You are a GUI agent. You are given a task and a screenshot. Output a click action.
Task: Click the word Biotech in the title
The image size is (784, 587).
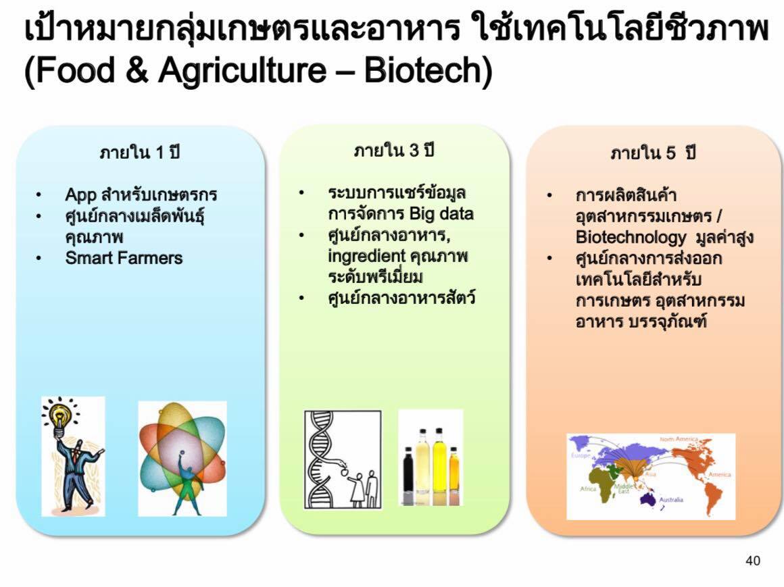click(422, 70)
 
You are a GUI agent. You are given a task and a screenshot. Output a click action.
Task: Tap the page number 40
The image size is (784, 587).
click(752, 561)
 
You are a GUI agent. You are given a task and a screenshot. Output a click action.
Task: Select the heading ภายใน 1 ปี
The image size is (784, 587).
click(139, 152)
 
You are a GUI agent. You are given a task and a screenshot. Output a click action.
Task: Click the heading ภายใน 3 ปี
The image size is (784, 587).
click(394, 150)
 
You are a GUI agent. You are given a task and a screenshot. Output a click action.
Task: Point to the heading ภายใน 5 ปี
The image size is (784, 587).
click(653, 153)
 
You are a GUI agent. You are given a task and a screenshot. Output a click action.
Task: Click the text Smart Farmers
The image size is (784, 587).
click(124, 258)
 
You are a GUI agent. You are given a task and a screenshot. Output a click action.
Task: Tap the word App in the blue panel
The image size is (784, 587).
click(81, 195)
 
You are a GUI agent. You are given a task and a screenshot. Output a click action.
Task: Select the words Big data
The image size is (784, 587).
click(441, 214)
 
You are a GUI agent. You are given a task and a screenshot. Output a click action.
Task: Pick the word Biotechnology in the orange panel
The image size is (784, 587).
click(631, 237)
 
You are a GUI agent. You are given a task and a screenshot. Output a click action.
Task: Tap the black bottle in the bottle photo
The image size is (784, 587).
click(408, 476)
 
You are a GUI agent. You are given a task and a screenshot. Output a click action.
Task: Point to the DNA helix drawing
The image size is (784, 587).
click(320, 459)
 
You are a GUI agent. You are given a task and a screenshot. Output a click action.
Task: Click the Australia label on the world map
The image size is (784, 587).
click(671, 500)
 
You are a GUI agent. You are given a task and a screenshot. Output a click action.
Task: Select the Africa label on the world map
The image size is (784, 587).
click(588, 488)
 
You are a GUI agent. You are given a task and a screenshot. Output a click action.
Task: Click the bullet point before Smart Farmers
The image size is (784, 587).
click(39, 258)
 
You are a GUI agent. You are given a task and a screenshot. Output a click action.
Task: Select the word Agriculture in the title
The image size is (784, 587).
click(242, 70)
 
